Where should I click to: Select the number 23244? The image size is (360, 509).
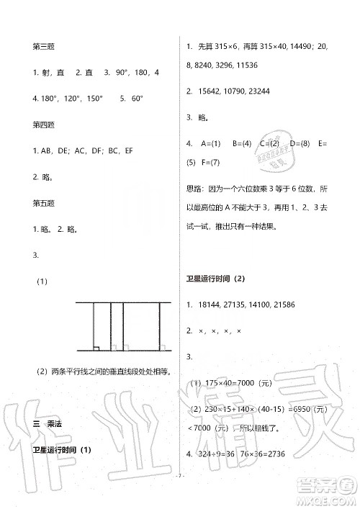click(x=270, y=91)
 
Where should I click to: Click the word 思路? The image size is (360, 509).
click(x=195, y=188)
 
